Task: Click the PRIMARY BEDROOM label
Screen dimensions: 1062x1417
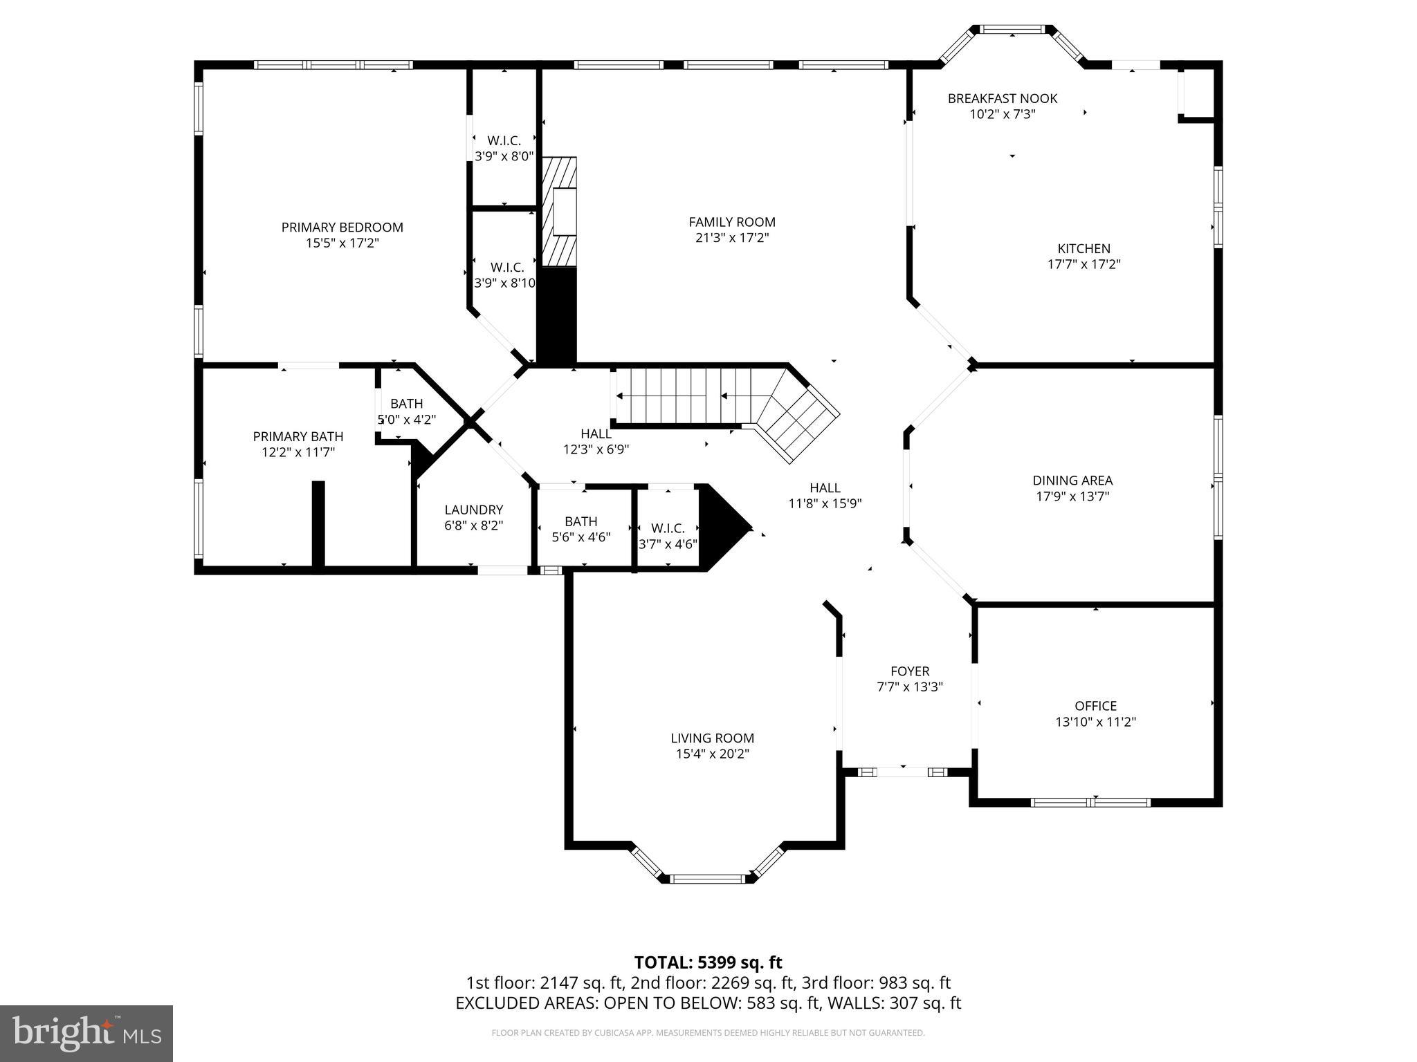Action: pos(342,227)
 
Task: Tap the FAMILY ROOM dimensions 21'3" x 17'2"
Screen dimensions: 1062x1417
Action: pos(732,238)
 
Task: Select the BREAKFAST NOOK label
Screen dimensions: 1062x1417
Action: pos(1002,99)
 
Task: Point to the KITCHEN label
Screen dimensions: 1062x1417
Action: pos(1084,249)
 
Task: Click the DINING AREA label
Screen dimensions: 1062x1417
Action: pos(1072,481)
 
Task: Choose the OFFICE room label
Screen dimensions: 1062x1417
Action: pos(1095,706)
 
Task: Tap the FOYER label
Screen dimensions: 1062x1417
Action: pos(910,671)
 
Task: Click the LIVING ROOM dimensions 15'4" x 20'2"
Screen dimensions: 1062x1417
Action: pos(713,754)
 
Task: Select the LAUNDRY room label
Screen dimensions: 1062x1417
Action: pos(473,510)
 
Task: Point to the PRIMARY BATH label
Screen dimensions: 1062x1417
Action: pos(298,437)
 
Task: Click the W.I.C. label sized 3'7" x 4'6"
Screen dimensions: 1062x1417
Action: pos(668,529)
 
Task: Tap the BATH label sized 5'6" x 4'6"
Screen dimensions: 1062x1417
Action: pos(580,522)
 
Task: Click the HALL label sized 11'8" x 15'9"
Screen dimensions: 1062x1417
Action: pos(825,488)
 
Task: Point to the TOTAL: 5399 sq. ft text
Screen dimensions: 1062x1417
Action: pos(708,962)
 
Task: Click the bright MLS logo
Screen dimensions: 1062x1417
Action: pos(86,1034)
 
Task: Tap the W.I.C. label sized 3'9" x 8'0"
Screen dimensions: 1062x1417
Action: pos(504,141)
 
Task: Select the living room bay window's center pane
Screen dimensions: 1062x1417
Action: pos(706,879)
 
